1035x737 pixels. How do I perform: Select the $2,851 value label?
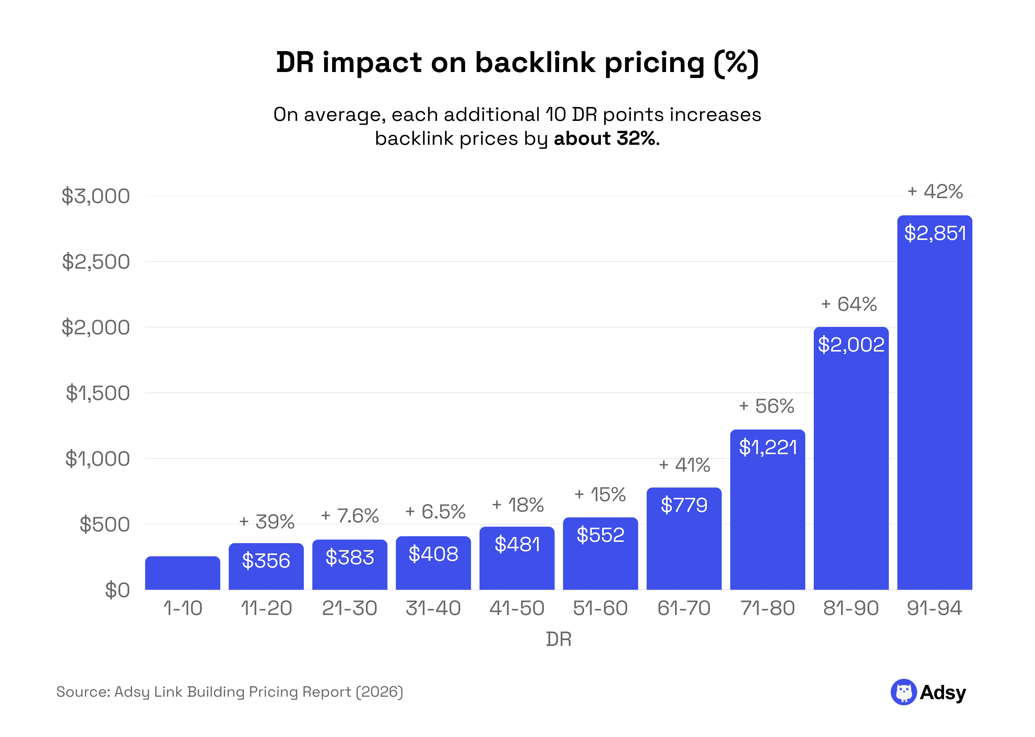coord(934,233)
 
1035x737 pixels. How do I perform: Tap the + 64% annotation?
coord(849,304)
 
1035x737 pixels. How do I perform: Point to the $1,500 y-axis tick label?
coord(97,393)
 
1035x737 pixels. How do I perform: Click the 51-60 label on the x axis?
coord(600,608)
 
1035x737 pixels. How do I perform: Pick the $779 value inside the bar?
coord(684,505)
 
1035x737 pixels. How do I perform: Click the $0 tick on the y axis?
coord(117,590)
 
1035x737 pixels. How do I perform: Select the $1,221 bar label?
coord(768,447)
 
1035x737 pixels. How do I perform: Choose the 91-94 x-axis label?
coord(934,608)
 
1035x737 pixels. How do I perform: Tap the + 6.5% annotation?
coord(435,512)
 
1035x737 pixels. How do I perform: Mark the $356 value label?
coord(266,561)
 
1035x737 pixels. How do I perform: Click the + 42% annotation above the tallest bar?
coord(935,191)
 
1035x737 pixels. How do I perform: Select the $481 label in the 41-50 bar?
coord(517,544)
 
